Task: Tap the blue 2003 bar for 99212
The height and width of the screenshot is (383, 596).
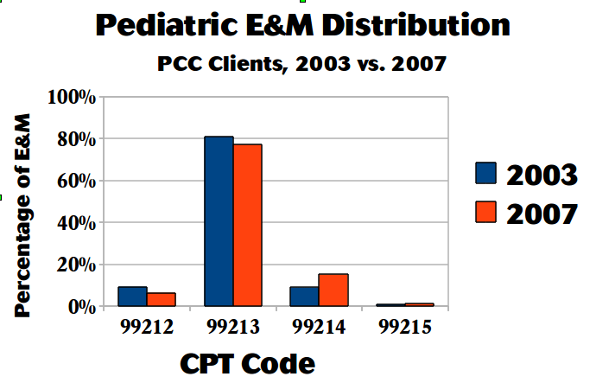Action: point(132,297)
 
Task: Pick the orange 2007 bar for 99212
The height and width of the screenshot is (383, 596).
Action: point(161,299)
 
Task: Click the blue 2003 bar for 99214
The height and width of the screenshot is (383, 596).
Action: point(304,297)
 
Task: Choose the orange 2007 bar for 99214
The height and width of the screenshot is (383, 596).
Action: point(333,290)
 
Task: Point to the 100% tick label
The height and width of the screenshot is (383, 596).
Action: point(71,97)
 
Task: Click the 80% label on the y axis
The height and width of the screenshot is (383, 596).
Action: point(75,139)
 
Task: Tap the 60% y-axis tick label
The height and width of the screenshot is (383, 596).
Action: point(75,181)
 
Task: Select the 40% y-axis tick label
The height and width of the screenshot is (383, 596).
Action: point(75,222)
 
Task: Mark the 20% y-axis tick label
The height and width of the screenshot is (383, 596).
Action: point(75,265)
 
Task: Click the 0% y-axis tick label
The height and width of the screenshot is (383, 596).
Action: point(80,306)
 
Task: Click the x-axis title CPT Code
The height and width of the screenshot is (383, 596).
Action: point(247,362)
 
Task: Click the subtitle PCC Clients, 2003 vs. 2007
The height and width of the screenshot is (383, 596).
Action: point(301,64)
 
